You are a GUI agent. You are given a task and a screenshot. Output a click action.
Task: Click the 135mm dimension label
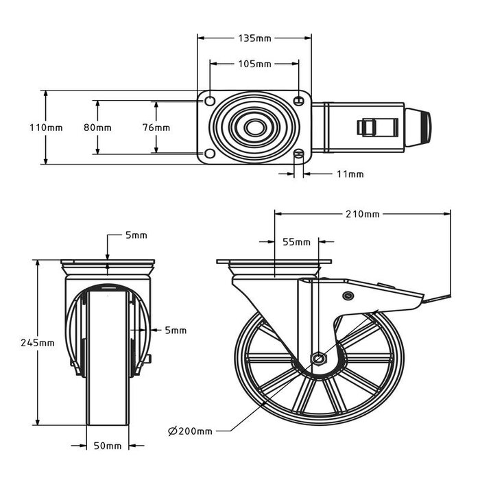tap(254, 38)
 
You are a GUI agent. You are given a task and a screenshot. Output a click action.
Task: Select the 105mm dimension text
tap(254, 64)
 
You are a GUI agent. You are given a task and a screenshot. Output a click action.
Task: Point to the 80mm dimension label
tap(98, 128)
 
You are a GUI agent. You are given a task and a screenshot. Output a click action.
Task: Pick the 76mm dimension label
tap(157, 128)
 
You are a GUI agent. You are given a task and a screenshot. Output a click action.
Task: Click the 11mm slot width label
tap(350, 174)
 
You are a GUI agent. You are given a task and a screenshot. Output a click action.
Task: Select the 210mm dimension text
tap(363, 215)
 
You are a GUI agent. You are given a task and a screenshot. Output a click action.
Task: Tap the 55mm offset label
tap(296, 242)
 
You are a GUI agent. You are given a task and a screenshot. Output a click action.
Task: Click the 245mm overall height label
tap(38, 343)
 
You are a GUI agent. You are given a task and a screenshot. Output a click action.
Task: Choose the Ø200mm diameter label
tap(190, 431)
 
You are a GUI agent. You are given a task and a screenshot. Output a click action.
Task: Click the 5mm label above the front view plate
tap(136, 236)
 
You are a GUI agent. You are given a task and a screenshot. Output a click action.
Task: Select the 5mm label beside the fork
tap(176, 331)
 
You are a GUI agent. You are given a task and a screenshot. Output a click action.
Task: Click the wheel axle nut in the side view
tap(320, 358)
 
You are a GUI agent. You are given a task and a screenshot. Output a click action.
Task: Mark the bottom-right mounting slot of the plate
tap(299, 154)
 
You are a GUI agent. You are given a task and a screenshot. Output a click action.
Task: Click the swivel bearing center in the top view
tap(254, 128)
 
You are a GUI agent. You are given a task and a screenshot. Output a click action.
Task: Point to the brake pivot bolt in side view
tap(347, 296)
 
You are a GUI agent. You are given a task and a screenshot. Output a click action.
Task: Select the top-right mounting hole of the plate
tap(299, 101)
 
